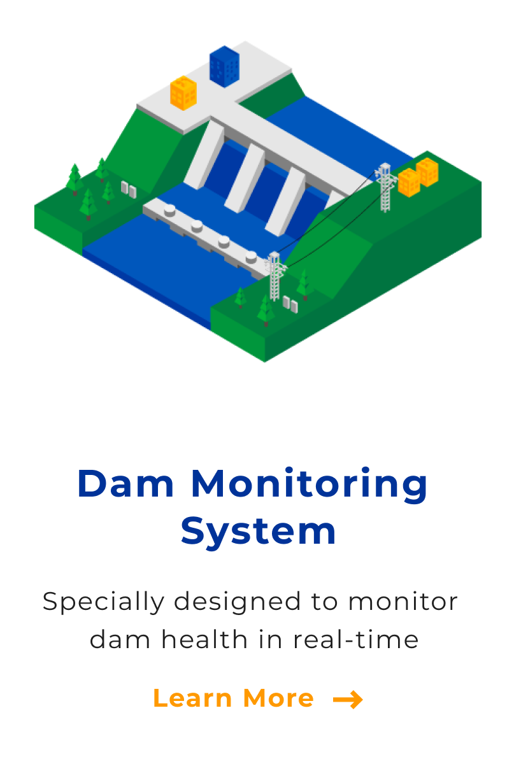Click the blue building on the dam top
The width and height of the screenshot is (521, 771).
224,67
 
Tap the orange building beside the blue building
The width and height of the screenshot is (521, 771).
183,93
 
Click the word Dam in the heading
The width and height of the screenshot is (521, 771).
125,483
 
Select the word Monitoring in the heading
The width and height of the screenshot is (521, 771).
310,485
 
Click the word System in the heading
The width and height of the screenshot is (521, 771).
258,532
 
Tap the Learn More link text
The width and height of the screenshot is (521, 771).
234,698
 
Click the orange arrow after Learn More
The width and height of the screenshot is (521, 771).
348,699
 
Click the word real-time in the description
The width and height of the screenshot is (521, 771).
355,639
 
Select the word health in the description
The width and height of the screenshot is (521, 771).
204,639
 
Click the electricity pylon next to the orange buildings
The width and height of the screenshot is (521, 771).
385,188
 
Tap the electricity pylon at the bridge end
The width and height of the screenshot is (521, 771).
275,276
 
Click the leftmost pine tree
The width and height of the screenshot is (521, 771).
75,179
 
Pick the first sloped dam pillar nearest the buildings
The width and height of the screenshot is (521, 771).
204,154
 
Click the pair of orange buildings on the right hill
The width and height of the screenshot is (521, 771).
418,177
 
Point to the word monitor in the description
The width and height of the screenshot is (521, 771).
403,602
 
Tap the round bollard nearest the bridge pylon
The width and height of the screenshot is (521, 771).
251,257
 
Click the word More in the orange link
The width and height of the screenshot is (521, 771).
278,698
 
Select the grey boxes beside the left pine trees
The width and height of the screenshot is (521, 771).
129,190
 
